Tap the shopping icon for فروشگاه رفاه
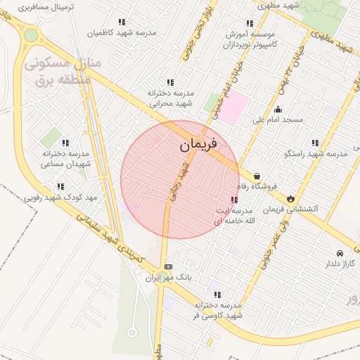[x=257, y=176]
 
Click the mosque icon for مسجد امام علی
[x=278, y=109]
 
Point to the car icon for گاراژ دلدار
[x=340, y=253]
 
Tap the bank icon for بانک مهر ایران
[x=168, y=266]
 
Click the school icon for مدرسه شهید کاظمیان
[x=123, y=22]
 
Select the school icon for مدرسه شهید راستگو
[x=314, y=143]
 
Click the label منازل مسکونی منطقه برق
[x=63, y=71]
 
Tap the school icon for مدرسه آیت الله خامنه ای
[x=233, y=200]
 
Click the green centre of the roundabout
[x=30, y=35]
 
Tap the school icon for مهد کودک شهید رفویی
[x=60, y=187]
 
